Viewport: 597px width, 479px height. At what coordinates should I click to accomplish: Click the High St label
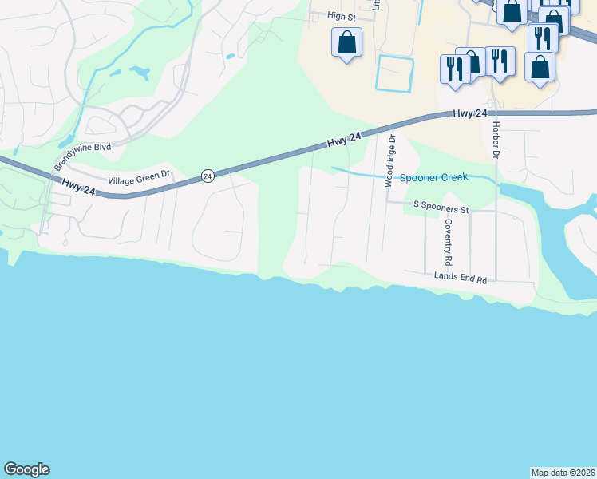[x=341, y=16]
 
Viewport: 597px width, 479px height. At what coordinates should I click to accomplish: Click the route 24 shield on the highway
[x=208, y=176]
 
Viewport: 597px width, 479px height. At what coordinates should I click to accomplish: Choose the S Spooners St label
[x=440, y=205]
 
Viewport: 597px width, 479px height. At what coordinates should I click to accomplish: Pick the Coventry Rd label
[x=449, y=243]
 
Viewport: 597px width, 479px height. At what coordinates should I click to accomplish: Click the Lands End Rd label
[x=461, y=277]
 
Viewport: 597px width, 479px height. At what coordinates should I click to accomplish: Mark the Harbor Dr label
[x=496, y=141]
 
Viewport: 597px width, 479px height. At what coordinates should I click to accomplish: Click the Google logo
[x=26, y=469]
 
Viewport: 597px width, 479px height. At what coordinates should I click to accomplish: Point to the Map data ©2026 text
[x=563, y=472]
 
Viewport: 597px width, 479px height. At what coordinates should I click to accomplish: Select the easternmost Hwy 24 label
[x=469, y=114]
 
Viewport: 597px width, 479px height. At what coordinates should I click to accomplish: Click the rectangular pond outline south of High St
[x=395, y=74]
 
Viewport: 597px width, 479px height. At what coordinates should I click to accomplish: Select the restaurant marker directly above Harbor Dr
[x=500, y=61]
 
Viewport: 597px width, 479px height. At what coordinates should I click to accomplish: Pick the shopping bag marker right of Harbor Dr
[x=540, y=68]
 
